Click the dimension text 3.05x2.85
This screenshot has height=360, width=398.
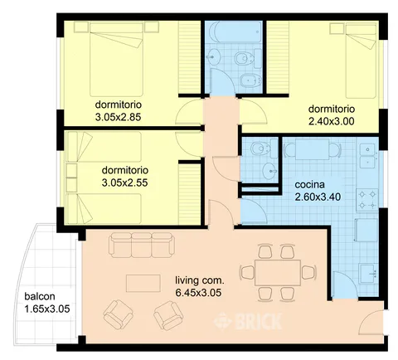pos(118,117)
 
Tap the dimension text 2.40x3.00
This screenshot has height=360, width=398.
pos(331,121)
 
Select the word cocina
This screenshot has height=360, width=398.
pos(309,184)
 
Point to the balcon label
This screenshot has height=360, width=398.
pos(40,296)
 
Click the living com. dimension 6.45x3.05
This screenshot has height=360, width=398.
pos(198,293)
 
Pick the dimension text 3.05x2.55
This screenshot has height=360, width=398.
pos(124,182)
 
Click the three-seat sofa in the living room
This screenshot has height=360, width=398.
pos(142,245)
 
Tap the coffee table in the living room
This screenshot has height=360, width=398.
pos(143,283)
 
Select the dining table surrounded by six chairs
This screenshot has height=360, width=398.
pos(278,273)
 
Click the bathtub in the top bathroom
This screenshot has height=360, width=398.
pos(235,32)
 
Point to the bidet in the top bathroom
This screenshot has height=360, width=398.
pos(250,80)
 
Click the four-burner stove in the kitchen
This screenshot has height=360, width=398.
pos(366,200)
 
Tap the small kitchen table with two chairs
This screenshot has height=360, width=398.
pos(312,149)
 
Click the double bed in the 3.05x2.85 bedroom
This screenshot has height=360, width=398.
pos(116,60)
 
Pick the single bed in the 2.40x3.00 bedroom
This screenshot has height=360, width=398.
pos(361,61)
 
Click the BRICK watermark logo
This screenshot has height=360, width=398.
pos(248,321)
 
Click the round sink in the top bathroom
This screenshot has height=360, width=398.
pos(213,57)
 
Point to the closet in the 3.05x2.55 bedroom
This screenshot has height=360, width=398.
pos(190,193)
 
